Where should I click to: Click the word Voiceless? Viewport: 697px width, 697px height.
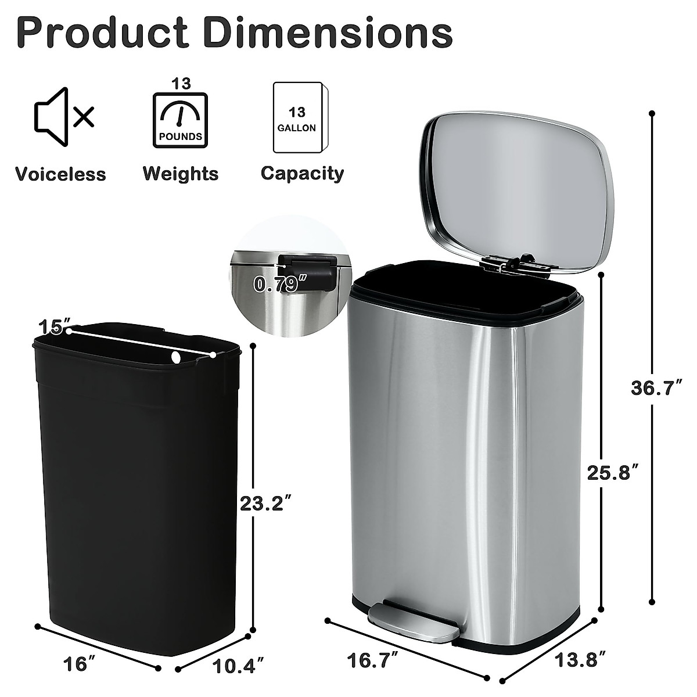pyautogui.click(x=60, y=174)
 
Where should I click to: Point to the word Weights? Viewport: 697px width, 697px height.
pyautogui.click(x=181, y=173)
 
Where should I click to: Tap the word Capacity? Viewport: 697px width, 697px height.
pyautogui.click(x=302, y=173)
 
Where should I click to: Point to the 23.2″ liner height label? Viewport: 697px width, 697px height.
pyautogui.click(x=265, y=503)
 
